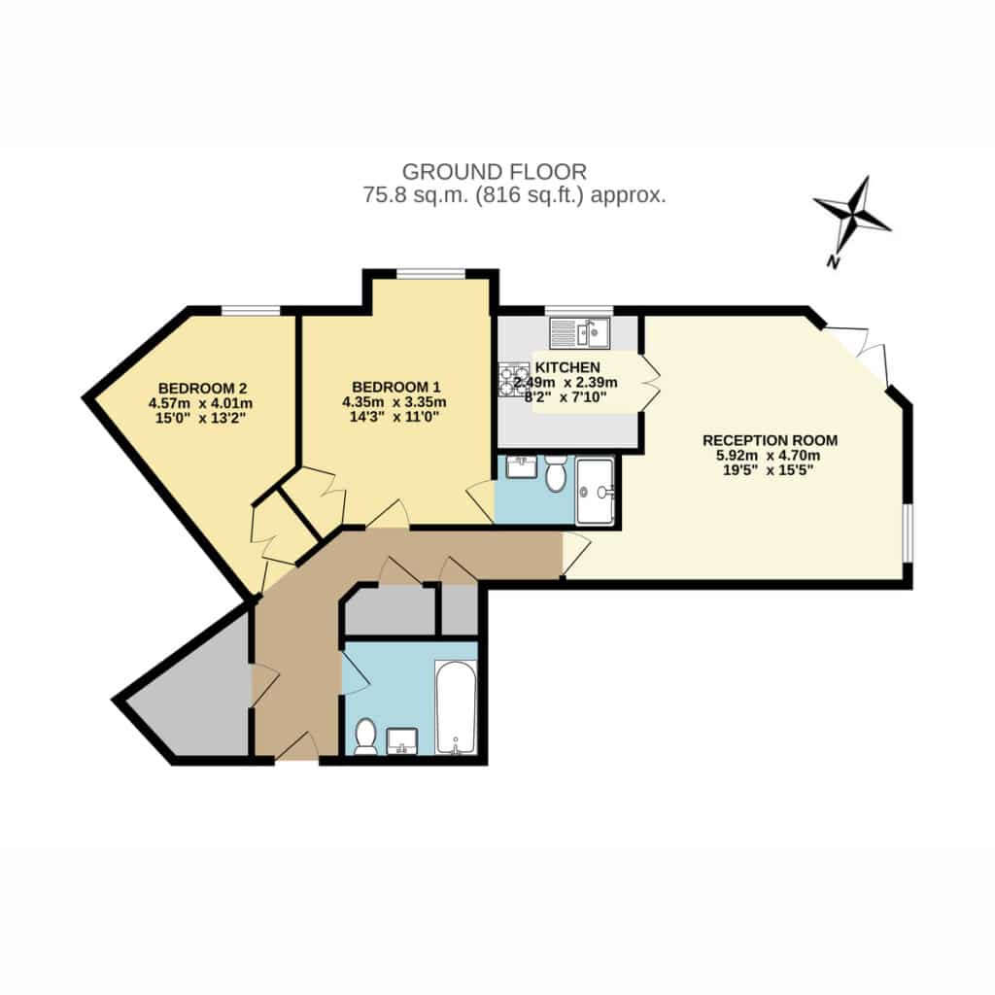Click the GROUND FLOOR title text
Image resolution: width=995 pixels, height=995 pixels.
click(495, 172)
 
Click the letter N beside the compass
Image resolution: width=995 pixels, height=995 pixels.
click(834, 261)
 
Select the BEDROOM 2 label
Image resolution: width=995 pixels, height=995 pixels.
click(202, 389)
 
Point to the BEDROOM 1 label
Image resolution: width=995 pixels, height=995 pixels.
click(396, 387)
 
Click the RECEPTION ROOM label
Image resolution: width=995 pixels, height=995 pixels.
click(770, 440)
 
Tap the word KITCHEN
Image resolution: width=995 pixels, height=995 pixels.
click(567, 367)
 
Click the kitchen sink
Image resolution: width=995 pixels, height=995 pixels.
click(579, 332)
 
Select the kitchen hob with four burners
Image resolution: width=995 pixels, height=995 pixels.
click(513, 380)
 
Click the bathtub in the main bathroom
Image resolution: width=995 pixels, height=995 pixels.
click(455, 707)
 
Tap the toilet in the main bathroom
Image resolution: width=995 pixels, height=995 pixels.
click(365, 737)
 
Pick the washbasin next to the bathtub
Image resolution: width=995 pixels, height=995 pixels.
click(401, 741)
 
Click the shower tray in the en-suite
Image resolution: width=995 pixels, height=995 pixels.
click(595, 492)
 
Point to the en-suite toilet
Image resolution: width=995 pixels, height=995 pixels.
click(556, 473)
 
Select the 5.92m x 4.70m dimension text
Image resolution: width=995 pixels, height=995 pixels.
click(768, 456)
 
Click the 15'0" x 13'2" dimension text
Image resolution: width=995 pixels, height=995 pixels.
click(200, 418)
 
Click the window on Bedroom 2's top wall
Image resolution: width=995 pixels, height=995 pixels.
click(251, 310)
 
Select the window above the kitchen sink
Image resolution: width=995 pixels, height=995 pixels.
click(579, 310)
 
